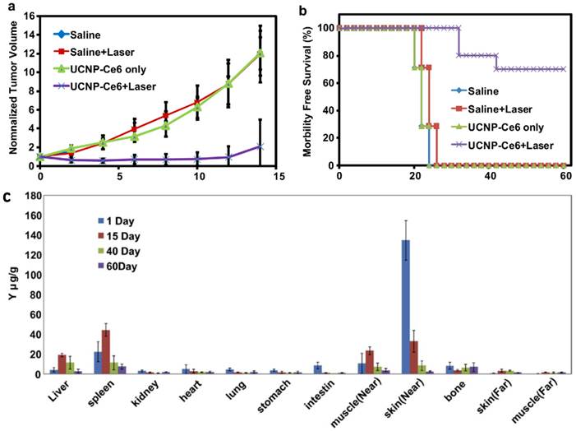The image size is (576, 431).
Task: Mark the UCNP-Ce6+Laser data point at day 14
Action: pos(260,146)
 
